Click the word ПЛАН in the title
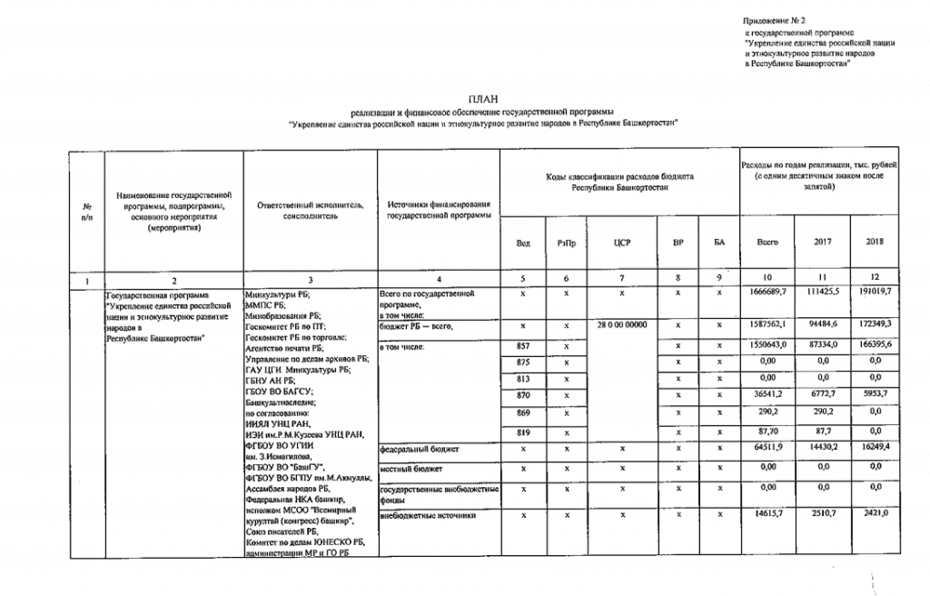[x=482, y=97]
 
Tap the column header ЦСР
[x=622, y=243]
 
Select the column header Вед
[x=524, y=243]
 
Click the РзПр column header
[x=566, y=243]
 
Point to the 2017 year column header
[x=819, y=242]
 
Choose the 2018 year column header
[x=875, y=242]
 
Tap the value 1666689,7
[x=767, y=295]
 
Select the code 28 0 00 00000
[x=622, y=325]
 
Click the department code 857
[x=523, y=346]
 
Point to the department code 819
[x=523, y=433]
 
